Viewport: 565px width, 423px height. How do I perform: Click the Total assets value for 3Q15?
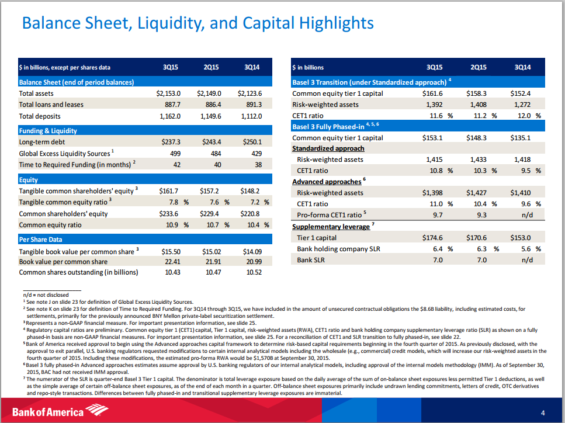click(x=169, y=93)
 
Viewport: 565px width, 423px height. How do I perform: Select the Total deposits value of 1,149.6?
click(x=210, y=116)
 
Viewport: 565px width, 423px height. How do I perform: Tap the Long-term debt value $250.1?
click(x=251, y=142)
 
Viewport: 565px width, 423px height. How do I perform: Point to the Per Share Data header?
click(x=40, y=239)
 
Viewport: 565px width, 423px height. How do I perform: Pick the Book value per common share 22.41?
click(x=170, y=262)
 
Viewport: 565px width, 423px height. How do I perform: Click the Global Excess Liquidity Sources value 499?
click(x=174, y=153)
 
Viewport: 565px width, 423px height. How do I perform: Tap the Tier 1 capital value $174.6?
click(x=432, y=238)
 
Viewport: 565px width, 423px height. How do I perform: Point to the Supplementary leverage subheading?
click(x=331, y=226)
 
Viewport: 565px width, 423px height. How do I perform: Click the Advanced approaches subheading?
click(x=325, y=182)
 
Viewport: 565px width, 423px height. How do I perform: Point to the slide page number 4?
click(x=543, y=413)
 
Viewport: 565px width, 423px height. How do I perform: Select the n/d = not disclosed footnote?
click(x=46, y=294)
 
